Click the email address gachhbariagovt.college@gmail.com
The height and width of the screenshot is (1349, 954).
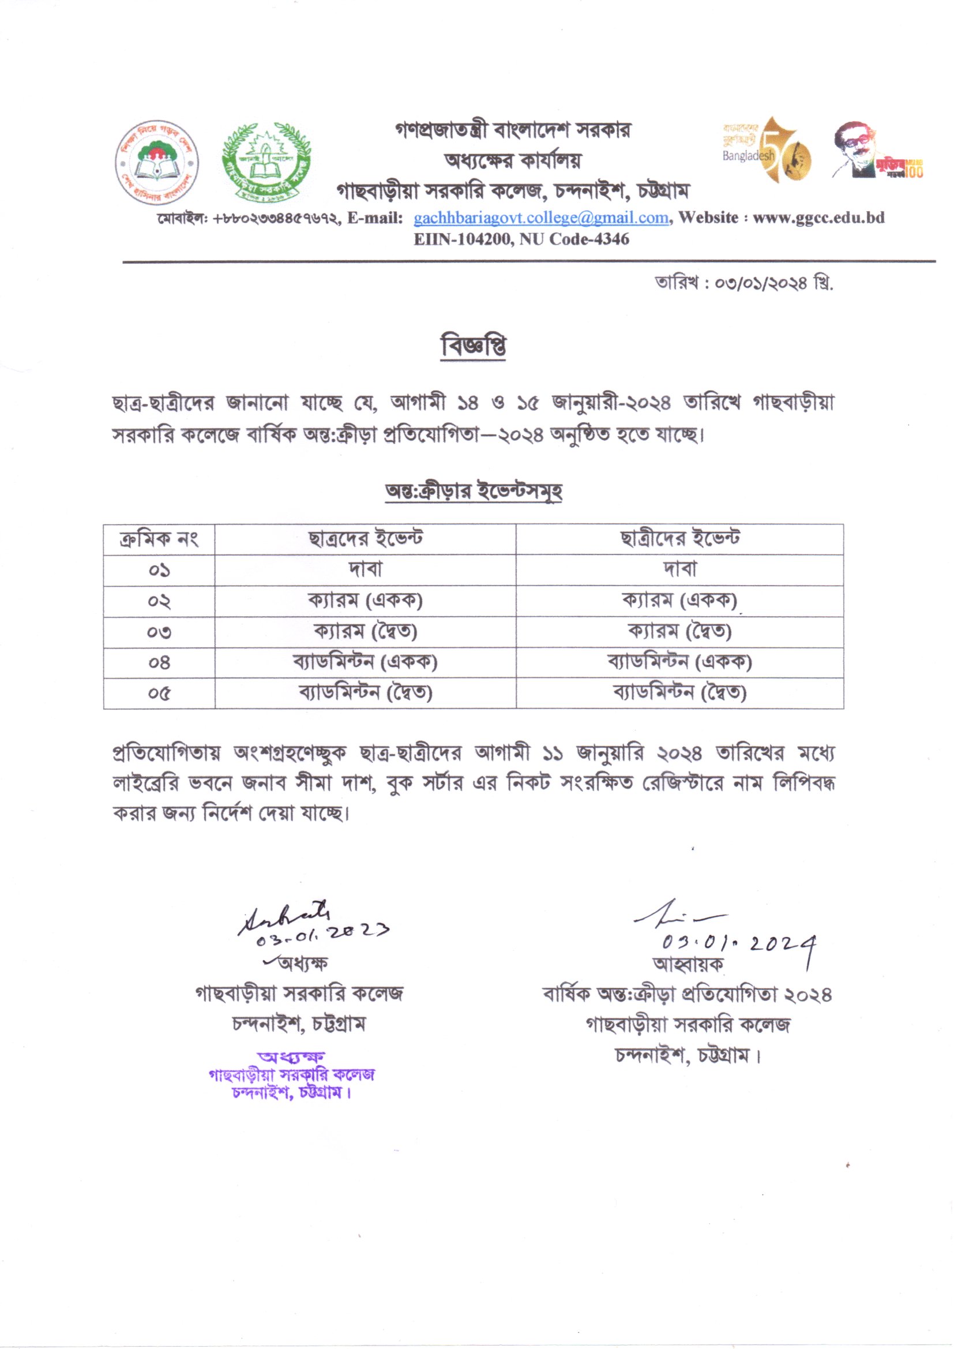click(541, 218)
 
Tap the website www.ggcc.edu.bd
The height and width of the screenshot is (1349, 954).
click(818, 218)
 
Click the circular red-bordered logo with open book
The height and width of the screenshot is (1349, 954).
click(157, 163)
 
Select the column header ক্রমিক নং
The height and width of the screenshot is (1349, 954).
click(159, 539)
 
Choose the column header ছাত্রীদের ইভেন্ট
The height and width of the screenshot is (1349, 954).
click(679, 539)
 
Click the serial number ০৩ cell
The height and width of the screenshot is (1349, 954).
click(159, 632)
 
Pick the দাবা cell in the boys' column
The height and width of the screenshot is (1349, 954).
click(365, 569)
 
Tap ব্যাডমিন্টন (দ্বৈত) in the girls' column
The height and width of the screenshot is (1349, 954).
click(679, 694)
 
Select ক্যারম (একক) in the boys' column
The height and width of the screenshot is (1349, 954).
click(365, 601)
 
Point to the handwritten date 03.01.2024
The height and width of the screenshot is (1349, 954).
click(738, 943)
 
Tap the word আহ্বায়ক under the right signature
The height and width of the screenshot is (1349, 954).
click(688, 964)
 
